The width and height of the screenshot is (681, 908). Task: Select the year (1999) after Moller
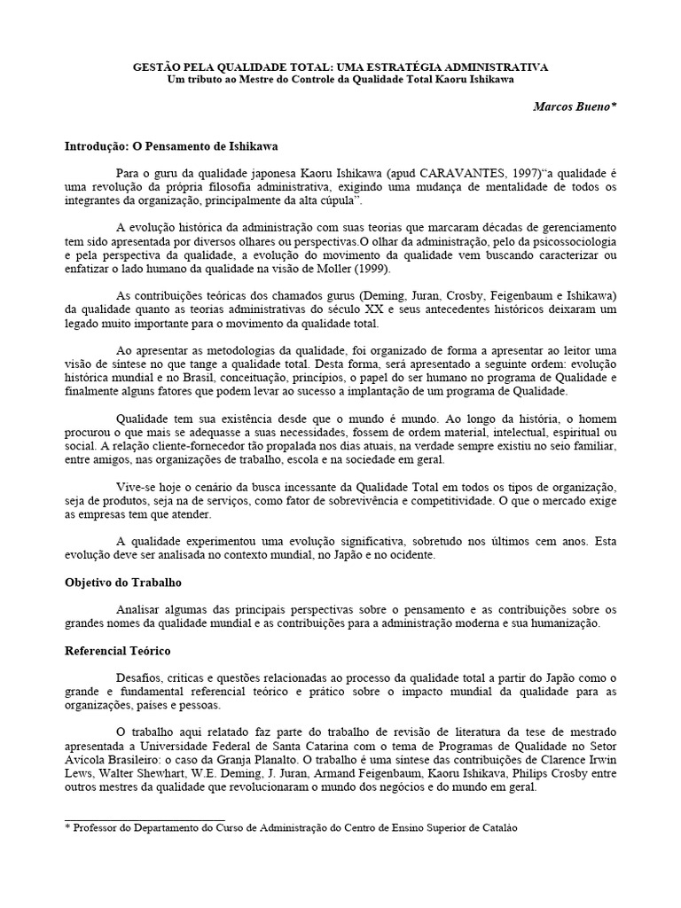(x=369, y=270)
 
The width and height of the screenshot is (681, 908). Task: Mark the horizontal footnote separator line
(x=145, y=820)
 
